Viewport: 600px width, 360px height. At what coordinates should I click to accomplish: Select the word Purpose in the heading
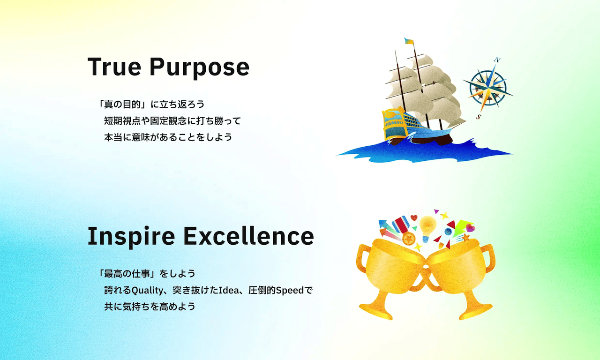(x=199, y=67)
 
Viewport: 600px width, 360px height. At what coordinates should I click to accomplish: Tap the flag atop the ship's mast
(x=409, y=41)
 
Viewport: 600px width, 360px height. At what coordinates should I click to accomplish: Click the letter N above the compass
(x=497, y=60)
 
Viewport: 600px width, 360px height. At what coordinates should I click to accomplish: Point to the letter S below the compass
(x=479, y=117)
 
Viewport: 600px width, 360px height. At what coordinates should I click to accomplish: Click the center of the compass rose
(x=488, y=88)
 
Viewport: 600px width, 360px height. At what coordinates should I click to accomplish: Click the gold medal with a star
(x=409, y=239)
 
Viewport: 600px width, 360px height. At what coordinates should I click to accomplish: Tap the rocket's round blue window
(x=449, y=232)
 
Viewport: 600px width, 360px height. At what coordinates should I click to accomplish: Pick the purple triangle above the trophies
(x=436, y=211)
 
